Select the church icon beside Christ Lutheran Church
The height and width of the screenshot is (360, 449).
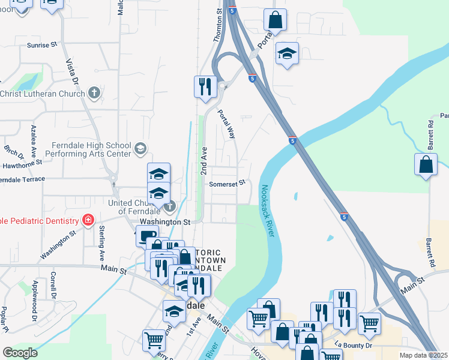94,93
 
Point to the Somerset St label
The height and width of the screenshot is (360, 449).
228,184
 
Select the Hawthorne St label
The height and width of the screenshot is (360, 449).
22,162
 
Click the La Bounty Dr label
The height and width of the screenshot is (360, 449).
354,345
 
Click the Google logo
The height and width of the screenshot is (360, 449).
20,352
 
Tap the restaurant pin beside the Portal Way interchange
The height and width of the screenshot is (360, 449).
205,86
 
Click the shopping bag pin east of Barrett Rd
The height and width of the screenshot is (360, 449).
426,164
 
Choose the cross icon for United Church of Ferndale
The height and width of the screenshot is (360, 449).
170,207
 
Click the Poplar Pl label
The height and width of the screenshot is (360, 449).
5,320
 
